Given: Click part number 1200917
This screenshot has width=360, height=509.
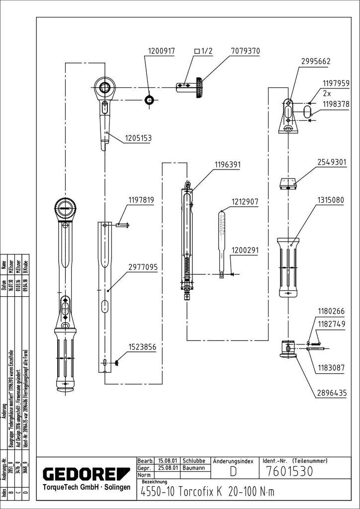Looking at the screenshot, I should pyautogui.click(x=161, y=51).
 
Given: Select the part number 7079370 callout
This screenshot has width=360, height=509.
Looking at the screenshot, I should pyautogui.click(x=245, y=51).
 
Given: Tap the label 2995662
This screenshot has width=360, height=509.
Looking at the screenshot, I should pyautogui.click(x=315, y=62).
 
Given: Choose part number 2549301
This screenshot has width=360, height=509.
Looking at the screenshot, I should pyautogui.click(x=332, y=163).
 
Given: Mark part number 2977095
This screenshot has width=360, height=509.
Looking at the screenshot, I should pyautogui.click(x=142, y=267).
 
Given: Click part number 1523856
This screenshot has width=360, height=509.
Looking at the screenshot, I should pyautogui.click(x=142, y=347).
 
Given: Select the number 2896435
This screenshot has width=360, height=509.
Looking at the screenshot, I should pyautogui.click(x=332, y=393).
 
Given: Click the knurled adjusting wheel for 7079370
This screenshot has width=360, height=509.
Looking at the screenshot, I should pyautogui.click(x=200, y=88).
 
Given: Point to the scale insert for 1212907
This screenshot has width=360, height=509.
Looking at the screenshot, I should pyautogui.click(x=221, y=236).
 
